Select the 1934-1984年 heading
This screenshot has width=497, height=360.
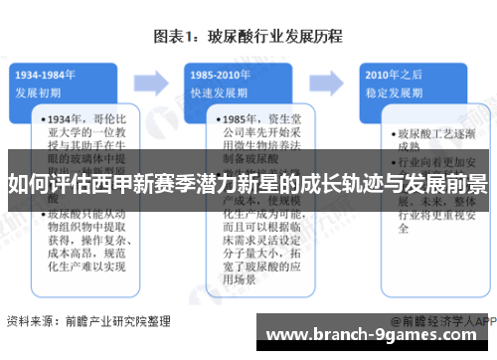coord(47,76)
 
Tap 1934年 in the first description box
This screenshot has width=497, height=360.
coord(66,119)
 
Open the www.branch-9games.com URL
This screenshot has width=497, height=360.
coord(383,335)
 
